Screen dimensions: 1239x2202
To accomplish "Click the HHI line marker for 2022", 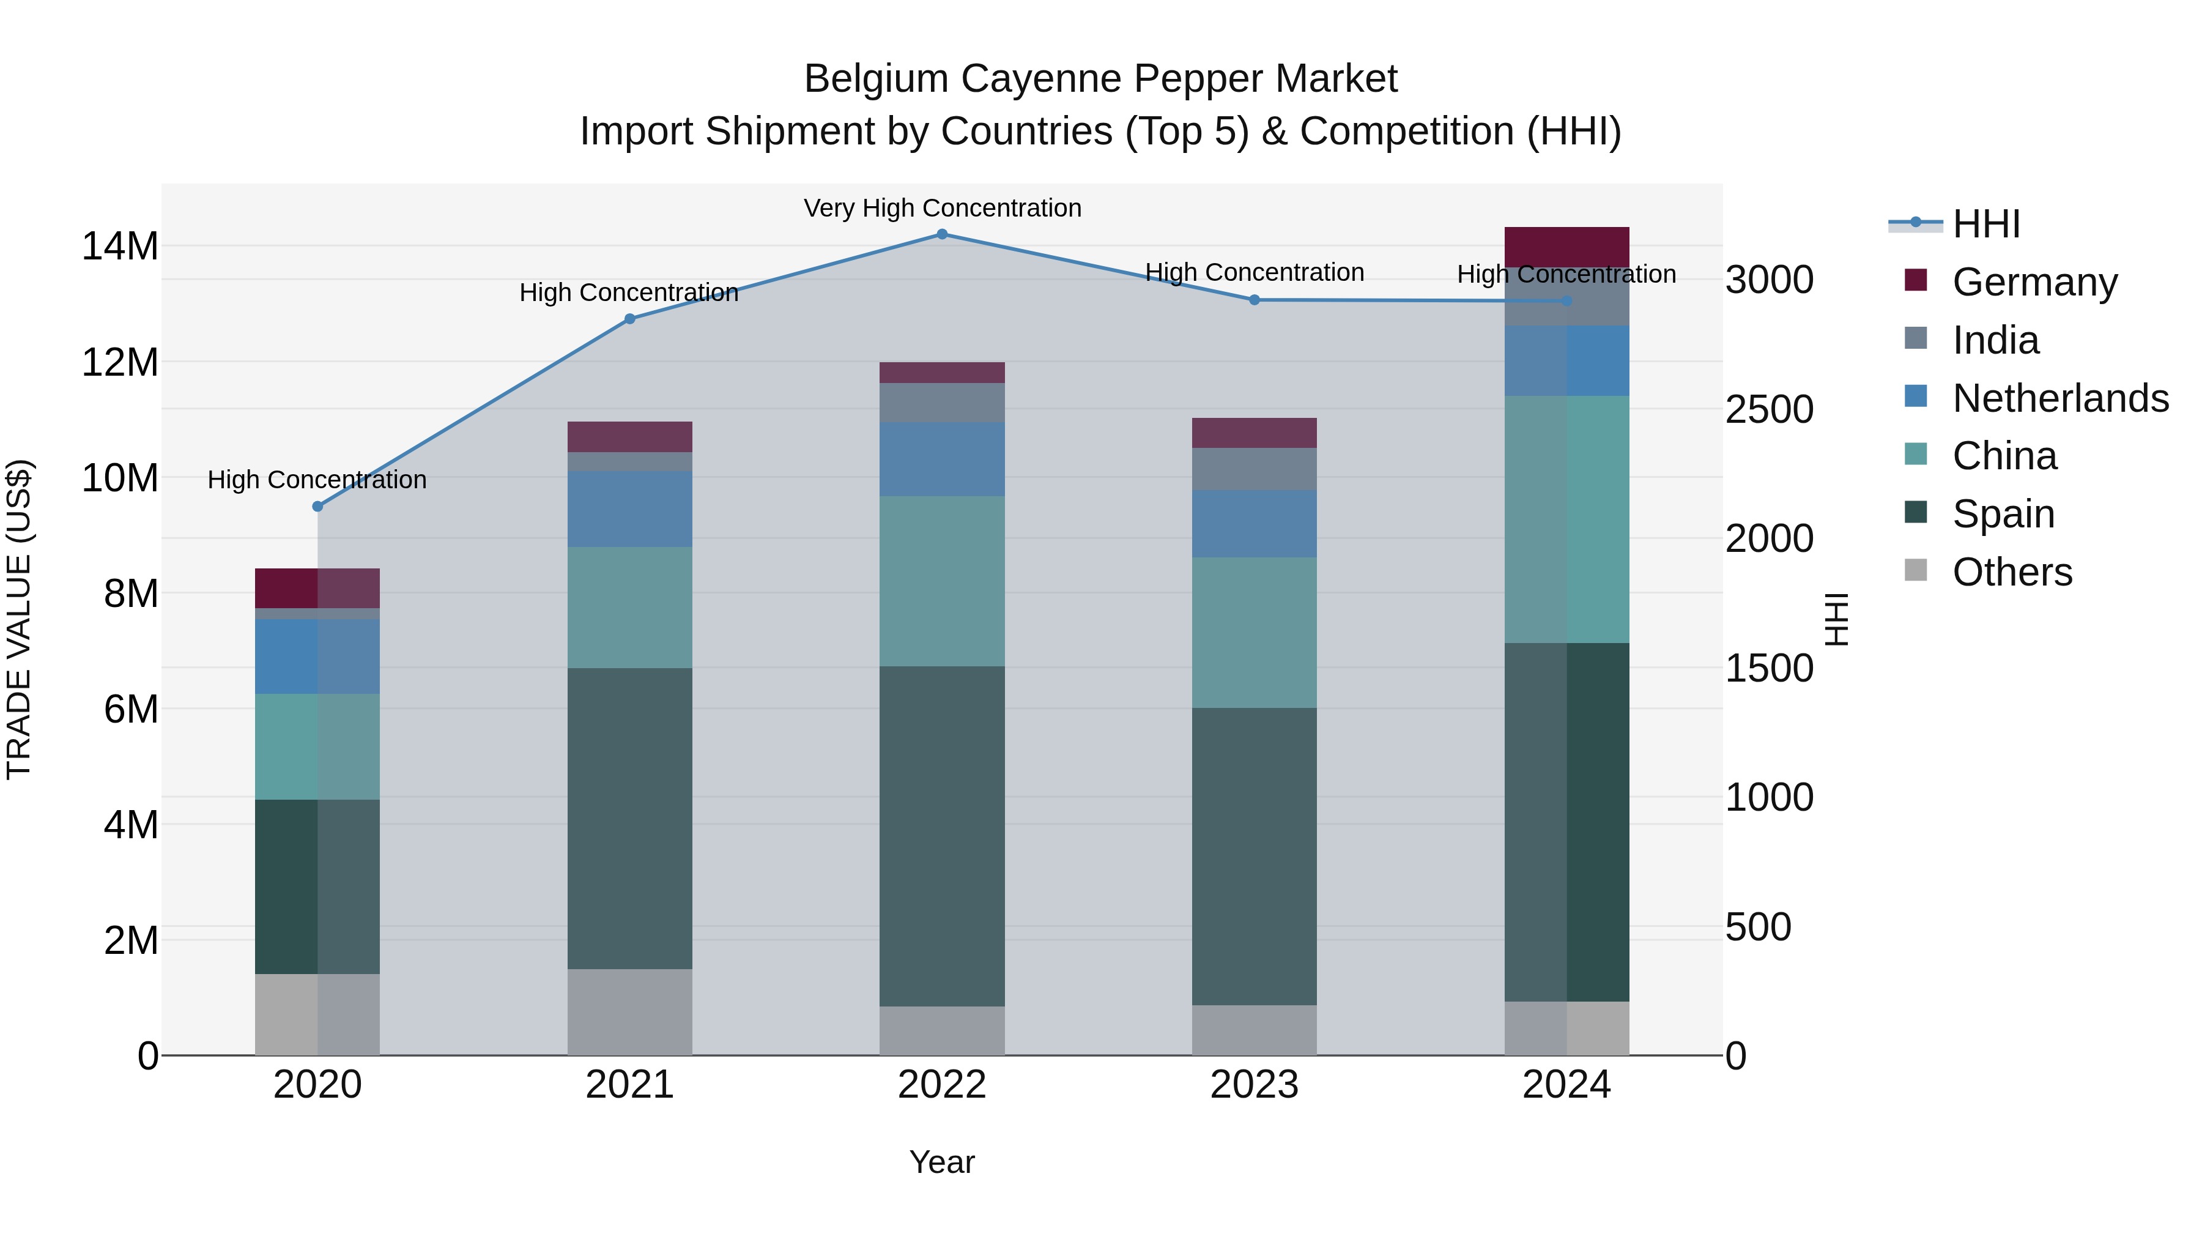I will (x=942, y=234).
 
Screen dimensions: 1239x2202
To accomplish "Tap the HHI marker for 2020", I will (x=317, y=506).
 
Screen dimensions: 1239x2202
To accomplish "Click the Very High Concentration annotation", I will (x=942, y=208).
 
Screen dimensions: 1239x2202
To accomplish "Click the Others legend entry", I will (x=2011, y=571).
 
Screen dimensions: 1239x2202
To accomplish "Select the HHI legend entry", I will (x=1985, y=224).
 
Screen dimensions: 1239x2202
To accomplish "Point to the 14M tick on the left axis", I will (x=120, y=246).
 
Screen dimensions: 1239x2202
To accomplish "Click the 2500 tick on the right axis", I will (x=1768, y=409).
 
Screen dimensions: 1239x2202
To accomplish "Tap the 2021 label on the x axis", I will (x=629, y=1085).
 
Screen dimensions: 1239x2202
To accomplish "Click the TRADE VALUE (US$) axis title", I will (x=19, y=619).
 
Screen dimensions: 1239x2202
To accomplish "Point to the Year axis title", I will (x=942, y=1162).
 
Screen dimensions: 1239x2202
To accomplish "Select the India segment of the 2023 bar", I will (x=1254, y=469).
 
